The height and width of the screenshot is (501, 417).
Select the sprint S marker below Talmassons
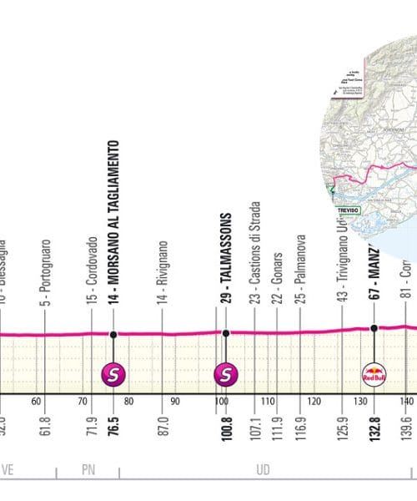[x=225, y=374]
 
